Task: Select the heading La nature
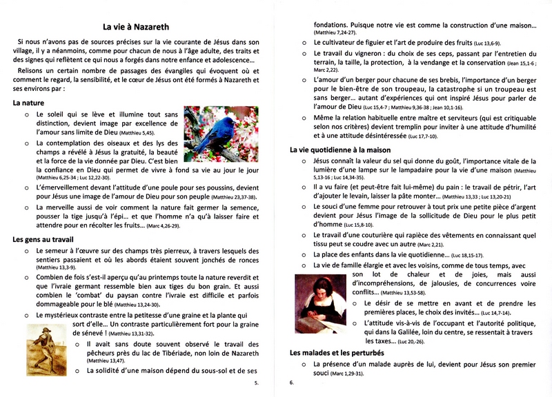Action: coord(29,103)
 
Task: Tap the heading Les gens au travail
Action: coord(43,239)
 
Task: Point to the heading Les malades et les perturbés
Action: coord(338,353)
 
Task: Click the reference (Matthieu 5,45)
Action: coord(143,132)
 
